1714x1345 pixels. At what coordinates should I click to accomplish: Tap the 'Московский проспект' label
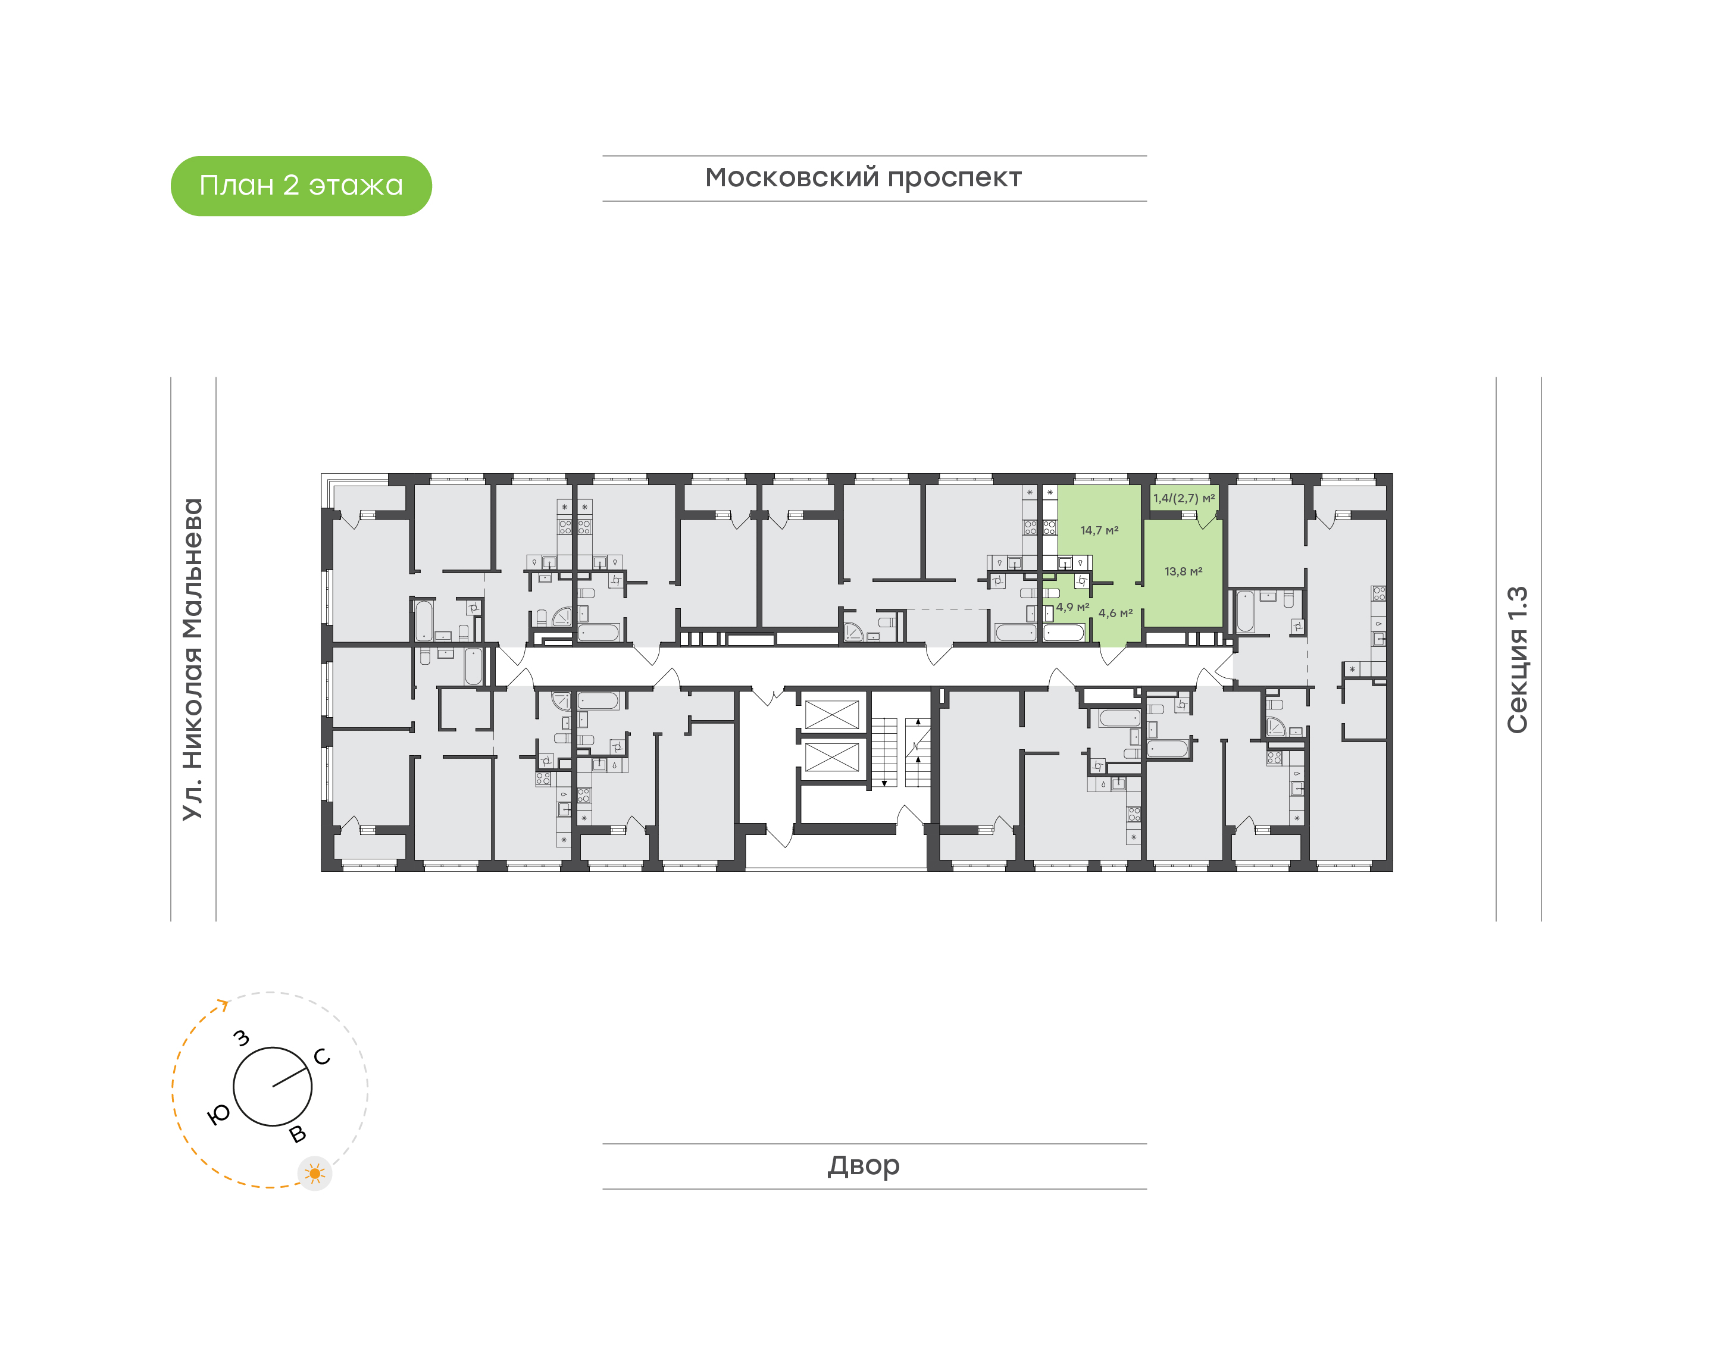(x=863, y=179)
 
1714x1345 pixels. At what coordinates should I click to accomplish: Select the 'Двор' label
(x=863, y=1165)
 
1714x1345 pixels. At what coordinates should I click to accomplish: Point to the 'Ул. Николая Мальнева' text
(x=193, y=659)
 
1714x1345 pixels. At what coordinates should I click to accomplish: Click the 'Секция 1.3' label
(x=1517, y=659)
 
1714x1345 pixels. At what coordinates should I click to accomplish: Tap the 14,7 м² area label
(x=1099, y=531)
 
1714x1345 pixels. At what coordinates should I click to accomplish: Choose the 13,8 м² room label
(x=1183, y=572)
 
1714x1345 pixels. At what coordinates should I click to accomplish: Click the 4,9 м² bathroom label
(x=1072, y=607)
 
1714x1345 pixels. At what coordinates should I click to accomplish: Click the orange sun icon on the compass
(x=315, y=1174)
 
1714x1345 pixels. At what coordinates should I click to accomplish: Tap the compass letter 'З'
(x=242, y=1039)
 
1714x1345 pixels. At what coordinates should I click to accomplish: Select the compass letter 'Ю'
(x=218, y=1113)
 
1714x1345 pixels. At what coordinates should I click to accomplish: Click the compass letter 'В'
(x=298, y=1134)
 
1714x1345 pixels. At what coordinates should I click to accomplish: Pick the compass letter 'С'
(x=322, y=1057)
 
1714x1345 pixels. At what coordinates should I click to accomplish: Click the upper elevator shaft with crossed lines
(x=831, y=715)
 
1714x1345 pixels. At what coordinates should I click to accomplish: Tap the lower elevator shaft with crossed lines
(x=831, y=758)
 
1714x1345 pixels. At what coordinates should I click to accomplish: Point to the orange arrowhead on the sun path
(x=224, y=1004)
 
